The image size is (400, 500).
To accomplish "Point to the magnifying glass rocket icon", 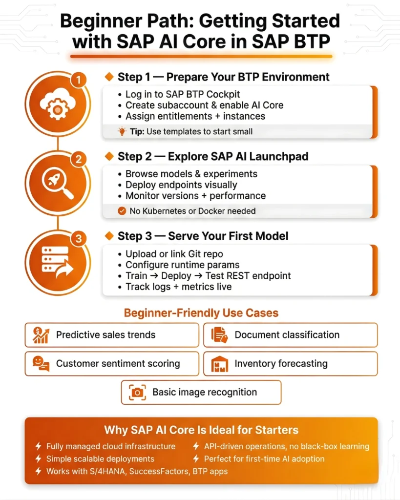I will [x=57, y=184].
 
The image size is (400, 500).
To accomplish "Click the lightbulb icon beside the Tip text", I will [x=122, y=131].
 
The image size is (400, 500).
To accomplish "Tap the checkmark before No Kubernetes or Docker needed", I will [x=122, y=211].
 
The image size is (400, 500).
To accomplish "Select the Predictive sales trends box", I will [x=112, y=335].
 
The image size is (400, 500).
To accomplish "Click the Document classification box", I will [x=290, y=335].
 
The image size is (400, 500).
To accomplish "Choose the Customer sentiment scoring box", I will [x=112, y=363].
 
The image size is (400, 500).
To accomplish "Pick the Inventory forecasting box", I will [x=290, y=363].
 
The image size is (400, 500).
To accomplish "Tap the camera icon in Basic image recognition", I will [x=138, y=392].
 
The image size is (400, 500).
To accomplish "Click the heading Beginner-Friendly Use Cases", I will [x=201, y=312].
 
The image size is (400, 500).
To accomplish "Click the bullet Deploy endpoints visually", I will [x=181, y=185].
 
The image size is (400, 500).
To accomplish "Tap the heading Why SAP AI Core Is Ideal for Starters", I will [x=201, y=430].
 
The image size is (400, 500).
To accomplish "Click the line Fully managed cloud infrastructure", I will [x=110, y=446].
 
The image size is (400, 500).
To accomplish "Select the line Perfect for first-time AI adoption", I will [x=264, y=459].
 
